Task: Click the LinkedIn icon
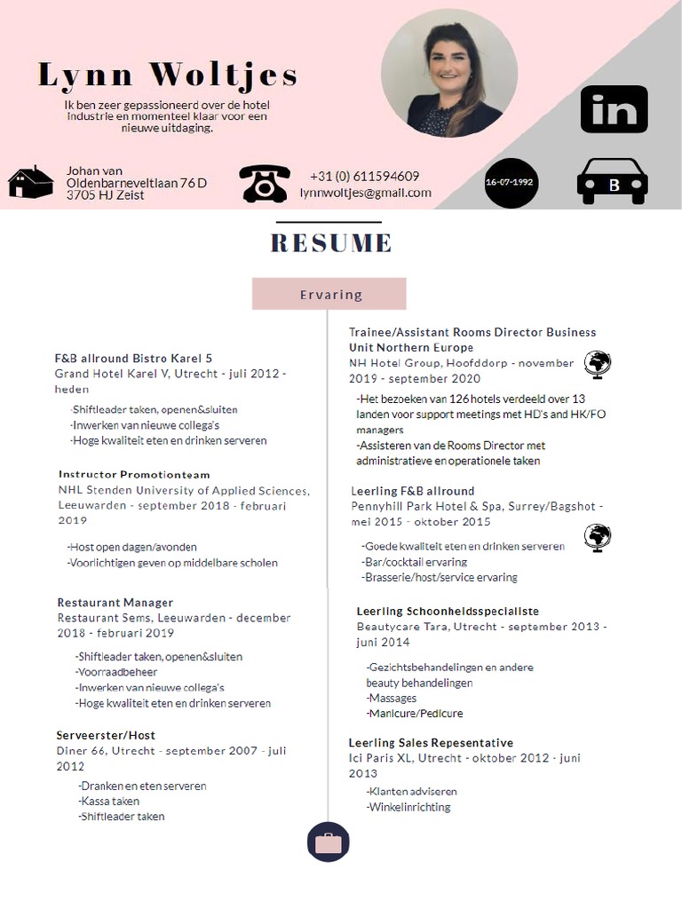pyautogui.click(x=614, y=109)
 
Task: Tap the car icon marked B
pyautogui.click(x=612, y=181)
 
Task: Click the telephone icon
pyautogui.click(x=264, y=183)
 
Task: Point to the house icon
pyautogui.click(x=31, y=182)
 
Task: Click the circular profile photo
pyautogui.click(x=448, y=79)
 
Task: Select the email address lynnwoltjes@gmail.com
pyautogui.click(x=365, y=193)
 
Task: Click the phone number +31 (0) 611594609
pyautogui.click(x=364, y=176)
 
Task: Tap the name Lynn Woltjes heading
pyautogui.click(x=168, y=75)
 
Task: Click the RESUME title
pyautogui.click(x=330, y=242)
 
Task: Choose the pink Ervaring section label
pyautogui.click(x=329, y=294)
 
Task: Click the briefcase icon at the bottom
pyautogui.click(x=328, y=842)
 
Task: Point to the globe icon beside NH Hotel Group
pyautogui.click(x=597, y=364)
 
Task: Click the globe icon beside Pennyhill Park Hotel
pyautogui.click(x=597, y=537)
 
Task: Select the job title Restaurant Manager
pyautogui.click(x=115, y=603)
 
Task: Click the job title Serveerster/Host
pyautogui.click(x=106, y=735)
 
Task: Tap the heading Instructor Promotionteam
pyautogui.click(x=134, y=475)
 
